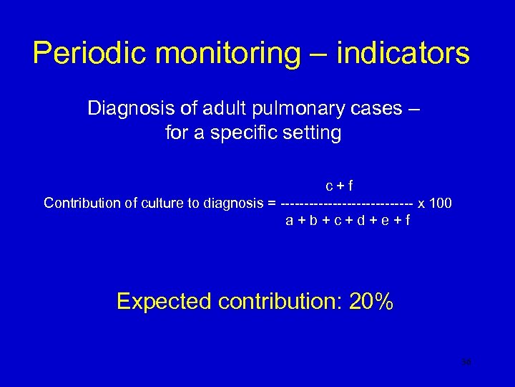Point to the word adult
pos(222,109)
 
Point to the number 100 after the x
pos(441,203)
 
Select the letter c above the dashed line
pos(330,186)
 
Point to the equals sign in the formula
pos(271,203)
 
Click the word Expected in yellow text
pos(164,302)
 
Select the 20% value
pos(371,302)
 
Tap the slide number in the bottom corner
pos(466,363)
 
